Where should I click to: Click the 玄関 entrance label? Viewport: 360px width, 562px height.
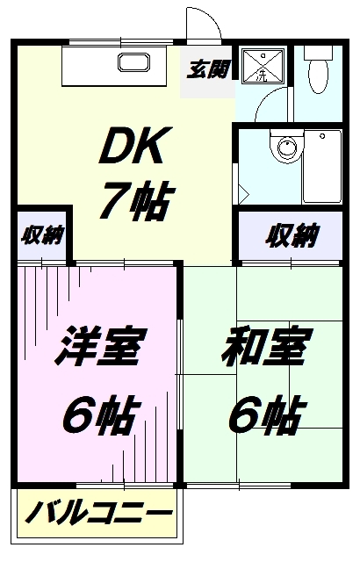pos(208,69)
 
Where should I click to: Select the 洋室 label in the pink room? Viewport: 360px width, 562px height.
pos(101,347)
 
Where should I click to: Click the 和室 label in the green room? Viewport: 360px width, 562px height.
pos(267,347)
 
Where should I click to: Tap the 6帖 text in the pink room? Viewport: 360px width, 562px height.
pos(101,414)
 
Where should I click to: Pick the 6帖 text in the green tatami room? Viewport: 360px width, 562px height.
pos(267,414)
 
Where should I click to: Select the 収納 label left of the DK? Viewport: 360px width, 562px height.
pos(42,235)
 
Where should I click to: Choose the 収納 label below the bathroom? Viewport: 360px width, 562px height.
pos(292,235)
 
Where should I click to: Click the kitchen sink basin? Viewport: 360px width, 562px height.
pos(133,62)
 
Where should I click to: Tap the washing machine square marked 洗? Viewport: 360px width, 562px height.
pos(263,67)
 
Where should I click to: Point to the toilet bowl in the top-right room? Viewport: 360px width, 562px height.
pos(318,76)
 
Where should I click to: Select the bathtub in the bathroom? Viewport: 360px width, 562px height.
pos(322,167)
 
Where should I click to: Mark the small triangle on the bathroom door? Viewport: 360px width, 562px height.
pos(244,195)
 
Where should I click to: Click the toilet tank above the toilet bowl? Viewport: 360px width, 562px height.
pos(319,53)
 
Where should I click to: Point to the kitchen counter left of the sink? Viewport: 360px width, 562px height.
pos(90,66)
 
